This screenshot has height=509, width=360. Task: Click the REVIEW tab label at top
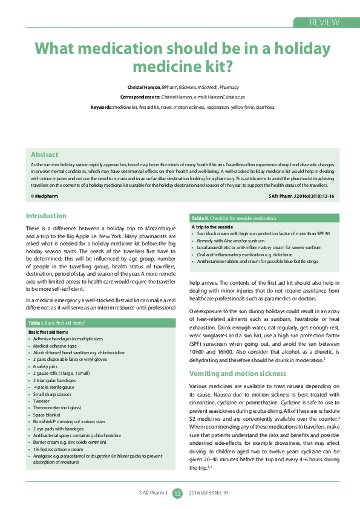coord(324,22)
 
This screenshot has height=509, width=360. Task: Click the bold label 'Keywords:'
coord(101,106)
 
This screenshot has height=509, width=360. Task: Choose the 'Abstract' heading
coord(44,155)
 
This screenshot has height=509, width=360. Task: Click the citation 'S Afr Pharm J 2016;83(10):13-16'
coord(300,196)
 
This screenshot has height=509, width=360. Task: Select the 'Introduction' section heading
coord(46,216)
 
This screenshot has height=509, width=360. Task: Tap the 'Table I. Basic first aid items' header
coord(59,324)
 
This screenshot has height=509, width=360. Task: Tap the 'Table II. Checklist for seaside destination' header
coord(234,218)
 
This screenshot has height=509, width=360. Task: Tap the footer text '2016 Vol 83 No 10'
coord(209,493)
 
